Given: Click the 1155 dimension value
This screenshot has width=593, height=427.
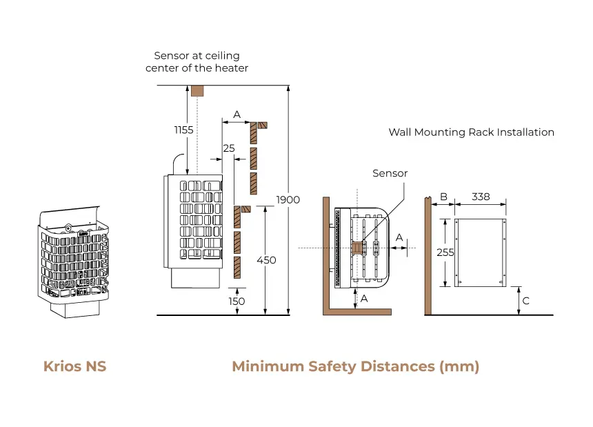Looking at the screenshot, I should click(183, 130).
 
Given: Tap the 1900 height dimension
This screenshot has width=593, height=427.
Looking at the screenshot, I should click(288, 199).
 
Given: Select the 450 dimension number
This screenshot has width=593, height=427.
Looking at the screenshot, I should click(265, 260).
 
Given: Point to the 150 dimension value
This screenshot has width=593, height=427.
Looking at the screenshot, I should click(237, 301).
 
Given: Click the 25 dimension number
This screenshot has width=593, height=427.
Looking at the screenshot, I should click(229, 148).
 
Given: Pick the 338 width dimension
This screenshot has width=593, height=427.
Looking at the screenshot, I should click(481, 197).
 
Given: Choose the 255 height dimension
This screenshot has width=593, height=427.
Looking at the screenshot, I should click(445, 252).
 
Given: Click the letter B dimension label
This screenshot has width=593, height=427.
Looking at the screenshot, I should click(444, 197).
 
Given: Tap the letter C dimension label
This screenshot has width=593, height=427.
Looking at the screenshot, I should click(525, 301).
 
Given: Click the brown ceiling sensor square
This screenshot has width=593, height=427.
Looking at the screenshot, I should click(197, 91).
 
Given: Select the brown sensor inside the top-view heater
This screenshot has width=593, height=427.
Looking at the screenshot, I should click(358, 247).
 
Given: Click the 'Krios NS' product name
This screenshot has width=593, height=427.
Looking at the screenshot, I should click(74, 366).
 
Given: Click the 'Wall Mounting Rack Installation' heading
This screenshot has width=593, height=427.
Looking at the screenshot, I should click(471, 132).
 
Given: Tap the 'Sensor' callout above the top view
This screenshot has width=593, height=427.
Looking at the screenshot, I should click(390, 174).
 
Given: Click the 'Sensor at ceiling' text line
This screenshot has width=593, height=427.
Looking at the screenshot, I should click(197, 56).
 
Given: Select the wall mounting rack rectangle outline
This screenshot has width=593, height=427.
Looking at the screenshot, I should click(481, 253).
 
